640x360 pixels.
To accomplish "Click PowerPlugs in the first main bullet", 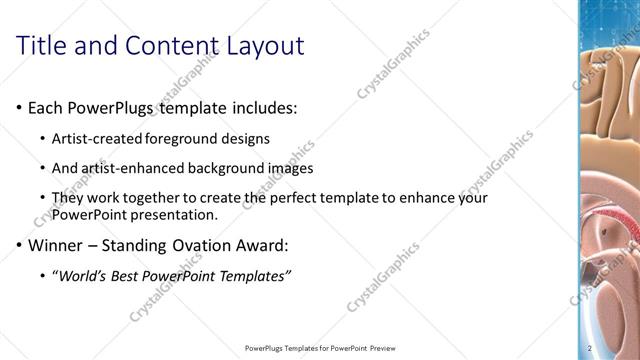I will pos(111,107).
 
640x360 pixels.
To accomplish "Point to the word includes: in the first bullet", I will pos(263,107).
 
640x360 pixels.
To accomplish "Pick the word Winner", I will pos(56,244).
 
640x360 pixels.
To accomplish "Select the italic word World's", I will pos(82,275).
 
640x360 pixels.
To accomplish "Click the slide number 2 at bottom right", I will pos(591,348).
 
